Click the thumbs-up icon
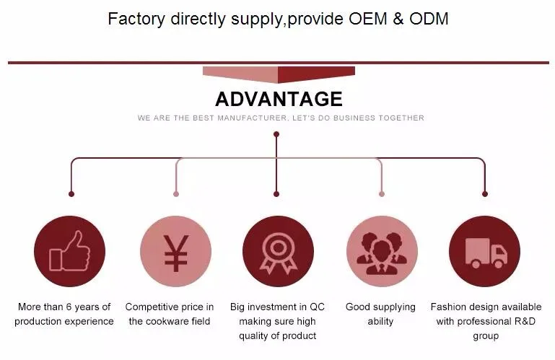tap(69, 251)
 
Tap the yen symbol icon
tap(175, 251)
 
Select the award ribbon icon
tap(278, 251)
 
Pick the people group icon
tap(382, 251)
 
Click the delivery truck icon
tap(484, 251)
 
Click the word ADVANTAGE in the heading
tap(279, 98)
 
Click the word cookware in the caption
tap(170, 322)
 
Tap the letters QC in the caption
tap(318, 307)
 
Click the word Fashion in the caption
tap(449, 307)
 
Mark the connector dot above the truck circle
tap(484, 193)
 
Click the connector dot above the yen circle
tap(175, 193)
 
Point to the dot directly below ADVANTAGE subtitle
tap(276, 133)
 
